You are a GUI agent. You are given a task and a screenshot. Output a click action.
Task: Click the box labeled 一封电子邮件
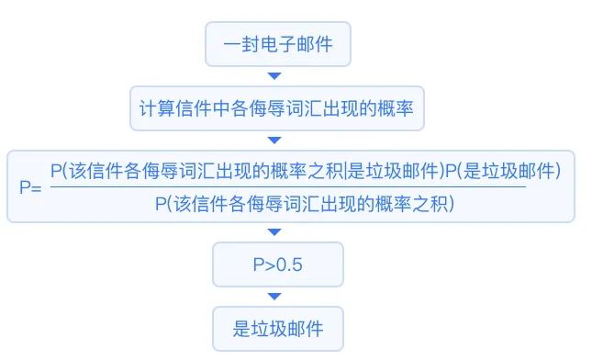tap(277, 44)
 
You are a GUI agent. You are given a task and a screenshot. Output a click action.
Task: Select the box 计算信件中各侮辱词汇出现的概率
tap(276, 109)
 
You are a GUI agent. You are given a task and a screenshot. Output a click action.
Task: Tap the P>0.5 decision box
tap(277, 264)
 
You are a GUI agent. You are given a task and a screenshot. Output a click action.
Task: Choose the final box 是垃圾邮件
tap(277, 328)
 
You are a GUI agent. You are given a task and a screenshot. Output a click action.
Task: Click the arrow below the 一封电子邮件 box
tap(274, 76)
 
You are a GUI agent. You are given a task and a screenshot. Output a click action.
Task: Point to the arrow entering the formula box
tap(274, 141)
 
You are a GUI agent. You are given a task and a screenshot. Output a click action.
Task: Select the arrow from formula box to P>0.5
tap(274, 232)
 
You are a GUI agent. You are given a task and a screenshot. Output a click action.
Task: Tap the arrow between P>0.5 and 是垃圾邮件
tap(274, 296)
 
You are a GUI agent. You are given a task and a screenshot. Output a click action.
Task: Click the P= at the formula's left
tap(30, 186)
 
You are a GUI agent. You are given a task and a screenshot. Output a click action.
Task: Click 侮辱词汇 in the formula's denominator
tap(274, 203)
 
